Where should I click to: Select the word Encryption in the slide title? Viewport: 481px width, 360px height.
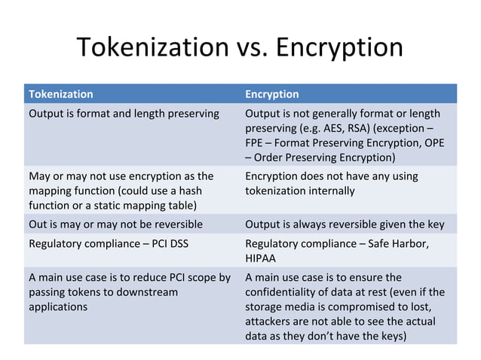point(339,47)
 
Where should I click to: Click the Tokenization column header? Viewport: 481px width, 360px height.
point(60,94)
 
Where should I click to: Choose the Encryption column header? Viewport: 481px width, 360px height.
point(271,94)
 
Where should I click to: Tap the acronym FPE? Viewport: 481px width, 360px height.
point(256,142)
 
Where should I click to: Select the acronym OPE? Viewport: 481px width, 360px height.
point(434,142)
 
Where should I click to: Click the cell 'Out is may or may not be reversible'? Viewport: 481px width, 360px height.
point(115,224)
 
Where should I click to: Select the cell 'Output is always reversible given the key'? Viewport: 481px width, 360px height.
point(345,224)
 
